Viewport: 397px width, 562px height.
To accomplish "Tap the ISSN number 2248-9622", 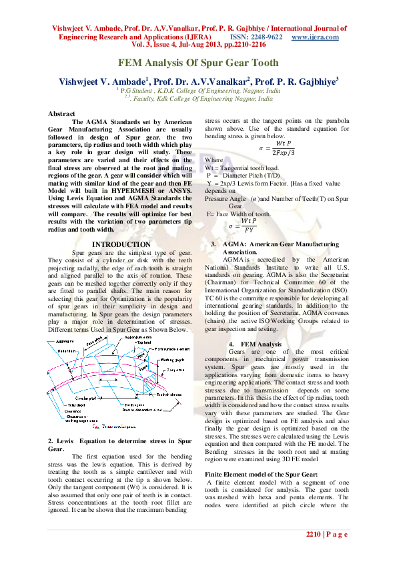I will coord(266,37).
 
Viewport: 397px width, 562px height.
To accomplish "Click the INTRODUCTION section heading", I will coord(121,244).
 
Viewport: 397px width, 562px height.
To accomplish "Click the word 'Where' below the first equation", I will coord(214,160).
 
